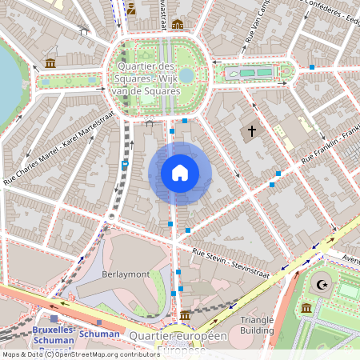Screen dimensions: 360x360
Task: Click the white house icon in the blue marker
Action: pyautogui.click(x=180, y=173)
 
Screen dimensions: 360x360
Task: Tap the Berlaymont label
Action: pyautogui.click(x=126, y=274)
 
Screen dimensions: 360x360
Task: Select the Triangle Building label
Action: pyautogui.click(x=257, y=324)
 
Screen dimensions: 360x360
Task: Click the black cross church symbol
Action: pyautogui.click(x=251, y=130)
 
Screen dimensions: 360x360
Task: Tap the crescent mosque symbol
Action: pyautogui.click(x=323, y=284)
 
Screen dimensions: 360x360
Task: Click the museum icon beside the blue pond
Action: pyautogui.click(x=50, y=63)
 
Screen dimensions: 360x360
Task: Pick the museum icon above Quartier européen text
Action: pyautogui.click(x=186, y=314)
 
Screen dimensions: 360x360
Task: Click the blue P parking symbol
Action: pyautogui.click(x=125, y=165)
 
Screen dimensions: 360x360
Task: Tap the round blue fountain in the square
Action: pyautogui.click(x=186, y=75)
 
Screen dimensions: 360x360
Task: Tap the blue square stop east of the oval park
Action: pyautogui.click(x=312, y=67)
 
